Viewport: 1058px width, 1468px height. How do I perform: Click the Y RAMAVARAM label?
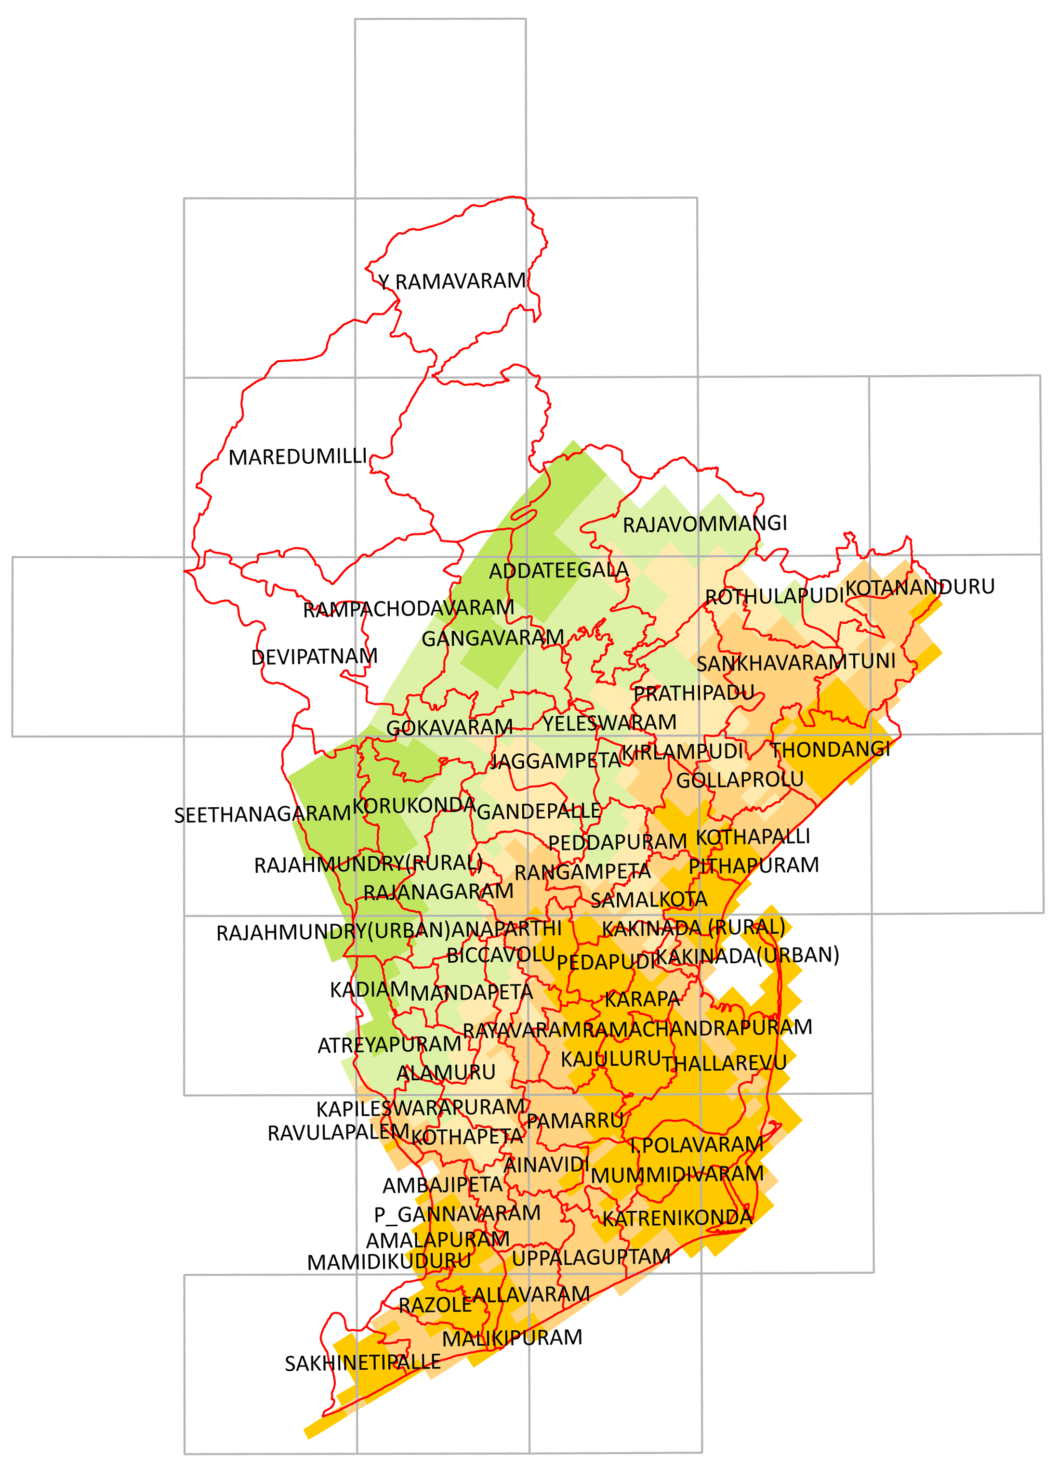452,282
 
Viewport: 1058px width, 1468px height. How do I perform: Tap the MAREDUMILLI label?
298,457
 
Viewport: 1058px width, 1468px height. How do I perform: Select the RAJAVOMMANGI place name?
704,524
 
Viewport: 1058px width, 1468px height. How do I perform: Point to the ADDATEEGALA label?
558,571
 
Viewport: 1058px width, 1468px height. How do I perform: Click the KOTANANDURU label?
919,587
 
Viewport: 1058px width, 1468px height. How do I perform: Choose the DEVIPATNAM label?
314,657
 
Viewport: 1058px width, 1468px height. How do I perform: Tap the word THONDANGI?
830,749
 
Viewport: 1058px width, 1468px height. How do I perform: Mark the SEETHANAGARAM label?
262,814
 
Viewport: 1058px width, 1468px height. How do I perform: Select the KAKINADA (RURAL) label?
693,928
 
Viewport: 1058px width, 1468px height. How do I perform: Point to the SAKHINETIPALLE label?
363,1363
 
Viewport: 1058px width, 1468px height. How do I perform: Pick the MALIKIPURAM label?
512,1338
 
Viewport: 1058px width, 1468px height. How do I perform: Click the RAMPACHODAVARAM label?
409,608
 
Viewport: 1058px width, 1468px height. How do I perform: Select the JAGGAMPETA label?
555,760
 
